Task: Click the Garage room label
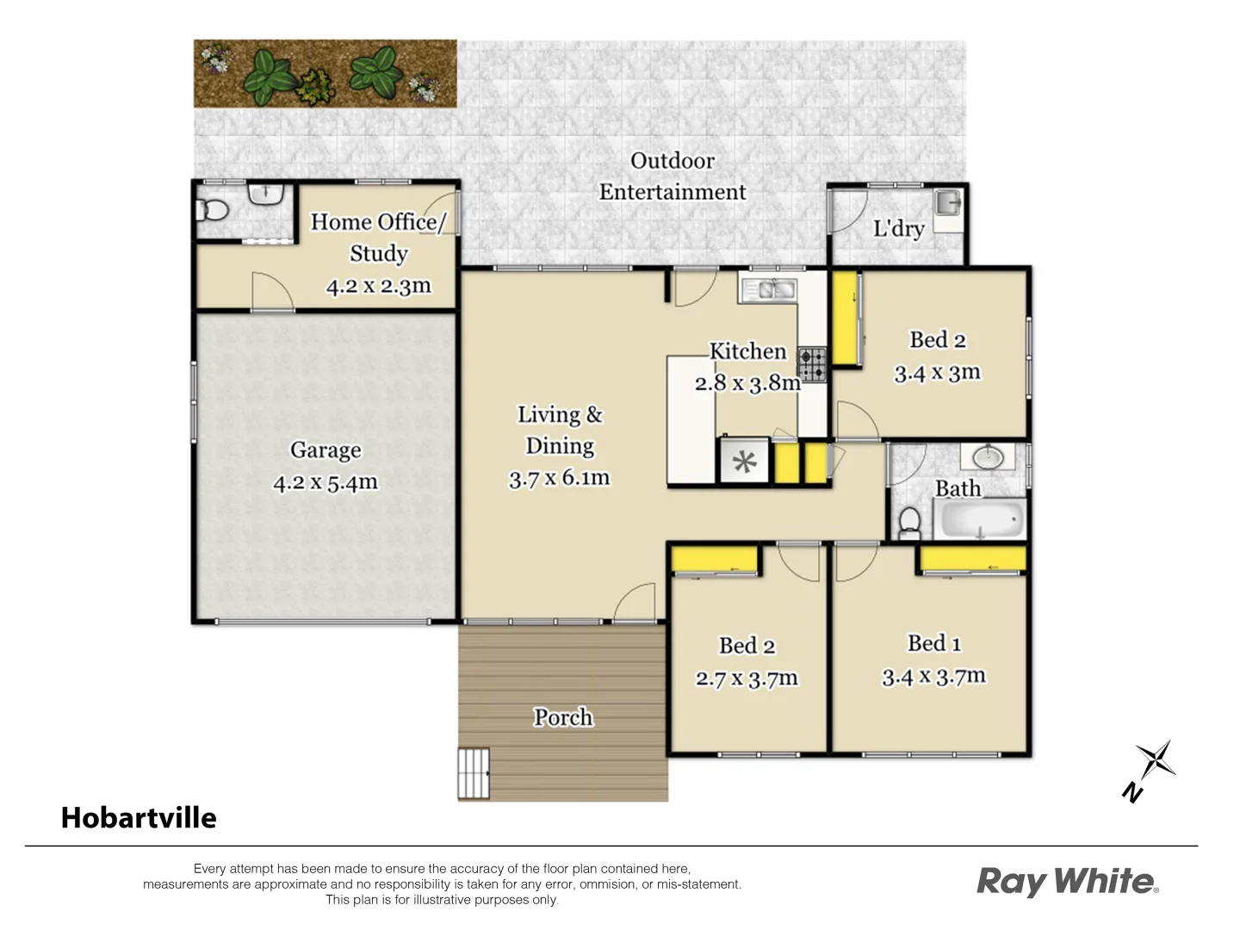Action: pos(325,450)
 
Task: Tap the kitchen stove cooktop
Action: pos(811,364)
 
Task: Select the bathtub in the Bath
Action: pos(981,520)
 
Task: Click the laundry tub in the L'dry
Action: pos(948,203)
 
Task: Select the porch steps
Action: pos(473,773)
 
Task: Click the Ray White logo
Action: pos(1067,882)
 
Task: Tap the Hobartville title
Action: pos(139,817)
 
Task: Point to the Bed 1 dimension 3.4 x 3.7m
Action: pos(933,677)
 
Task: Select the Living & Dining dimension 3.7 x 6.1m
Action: pos(559,478)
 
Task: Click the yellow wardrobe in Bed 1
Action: pos(971,559)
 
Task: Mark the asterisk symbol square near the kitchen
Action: pos(744,463)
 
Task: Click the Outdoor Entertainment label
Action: pos(673,177)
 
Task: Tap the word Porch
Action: pos(563,717)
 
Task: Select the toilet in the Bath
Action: pos(909,522)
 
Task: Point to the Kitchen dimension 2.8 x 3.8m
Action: pos(747,383)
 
